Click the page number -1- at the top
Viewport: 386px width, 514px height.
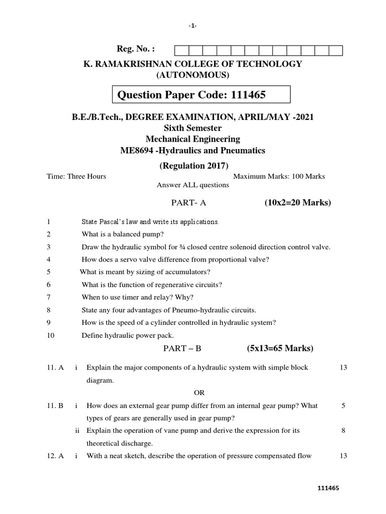(x=193, y=26)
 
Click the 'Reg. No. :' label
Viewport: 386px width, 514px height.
(x=136, y=49)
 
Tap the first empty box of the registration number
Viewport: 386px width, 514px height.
(x=181, y=50)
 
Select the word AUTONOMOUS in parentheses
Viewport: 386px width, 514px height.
(x=192, y=75)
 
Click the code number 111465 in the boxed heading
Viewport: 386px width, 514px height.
(x=246, y=95)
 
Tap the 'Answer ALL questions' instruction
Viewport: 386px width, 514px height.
(x=192, y=185)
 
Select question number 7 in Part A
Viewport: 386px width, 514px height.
(x=48, y=297)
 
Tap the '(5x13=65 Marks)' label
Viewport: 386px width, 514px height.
(x=280, y=348)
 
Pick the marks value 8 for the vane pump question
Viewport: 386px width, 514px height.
(x=343, y=431)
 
